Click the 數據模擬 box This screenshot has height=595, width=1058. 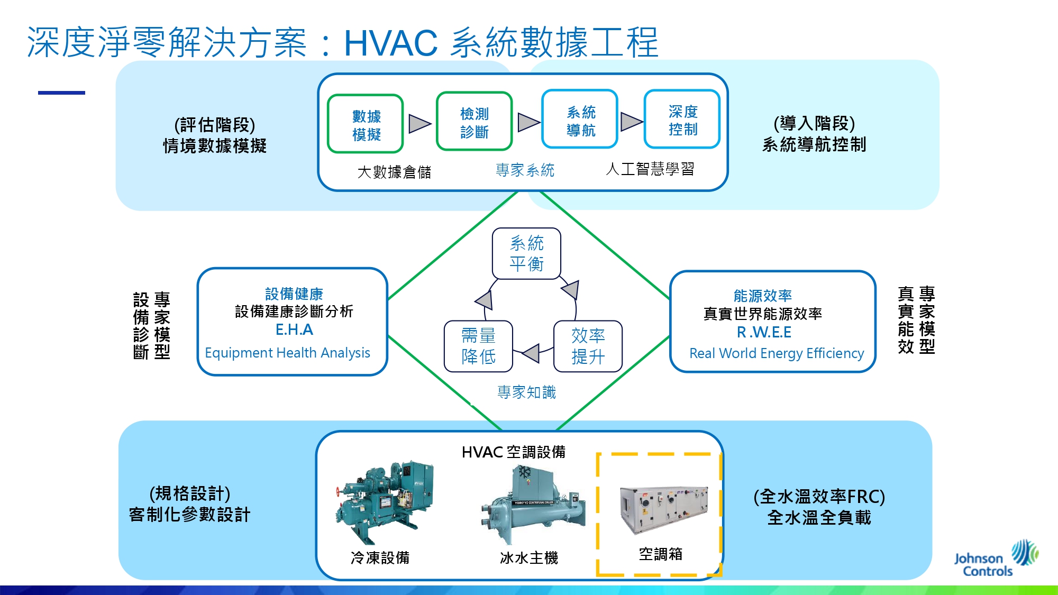[366, 124]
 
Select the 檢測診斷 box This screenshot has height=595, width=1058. [475, 122]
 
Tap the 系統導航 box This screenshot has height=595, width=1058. [580, 120]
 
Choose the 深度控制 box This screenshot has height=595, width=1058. [682, 120]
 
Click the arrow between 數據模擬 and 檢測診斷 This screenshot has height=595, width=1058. [419, 124]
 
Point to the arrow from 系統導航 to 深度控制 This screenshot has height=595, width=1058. [631, 121]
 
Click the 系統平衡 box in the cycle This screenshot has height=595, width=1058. [526, 253]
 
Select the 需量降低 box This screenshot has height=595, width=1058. [478, 346]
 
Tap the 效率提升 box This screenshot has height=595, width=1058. [588, 346]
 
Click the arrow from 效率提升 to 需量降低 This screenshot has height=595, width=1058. [531, 353]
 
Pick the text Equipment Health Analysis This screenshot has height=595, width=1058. [287, 353]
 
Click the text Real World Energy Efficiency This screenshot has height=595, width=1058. [776, 353]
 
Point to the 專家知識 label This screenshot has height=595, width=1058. [526, 392]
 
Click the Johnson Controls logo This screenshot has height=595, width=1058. [995, 559]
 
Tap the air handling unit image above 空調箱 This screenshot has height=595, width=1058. [664, 510]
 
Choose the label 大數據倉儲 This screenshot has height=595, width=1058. [394, 172]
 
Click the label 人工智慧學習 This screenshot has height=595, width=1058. [650, 169]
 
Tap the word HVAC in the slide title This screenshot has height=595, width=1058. [390, 43]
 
